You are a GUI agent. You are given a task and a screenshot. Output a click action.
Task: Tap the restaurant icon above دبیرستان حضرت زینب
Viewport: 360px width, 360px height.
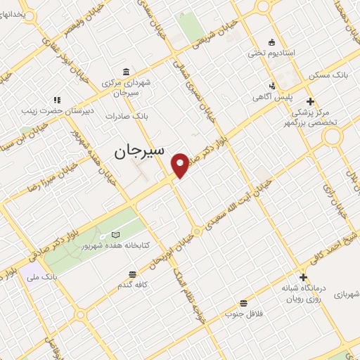56,99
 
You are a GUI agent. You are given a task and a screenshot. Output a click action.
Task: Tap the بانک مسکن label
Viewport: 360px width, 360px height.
332,74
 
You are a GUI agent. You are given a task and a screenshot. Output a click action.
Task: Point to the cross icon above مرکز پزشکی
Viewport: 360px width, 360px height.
310,101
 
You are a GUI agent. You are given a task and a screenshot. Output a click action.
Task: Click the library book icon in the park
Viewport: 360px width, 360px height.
115,235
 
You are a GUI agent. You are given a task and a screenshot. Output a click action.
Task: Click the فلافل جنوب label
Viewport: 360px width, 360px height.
243,314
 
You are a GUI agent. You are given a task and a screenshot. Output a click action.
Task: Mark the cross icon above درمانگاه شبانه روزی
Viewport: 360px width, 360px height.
303,277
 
